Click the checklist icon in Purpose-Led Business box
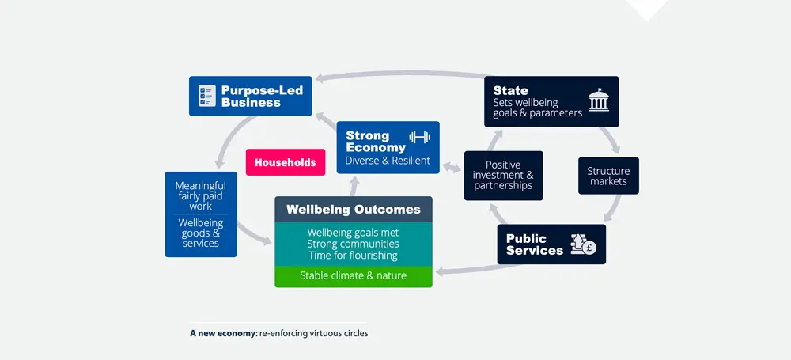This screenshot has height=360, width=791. pos(206,96)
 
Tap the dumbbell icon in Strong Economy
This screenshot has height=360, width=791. pos(418,137)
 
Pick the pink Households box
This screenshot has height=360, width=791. pos(285,163)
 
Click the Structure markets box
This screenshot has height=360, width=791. pos(607,176)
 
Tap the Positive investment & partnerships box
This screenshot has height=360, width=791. pos(503,176)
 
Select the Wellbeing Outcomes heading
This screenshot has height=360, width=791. pos(354,210)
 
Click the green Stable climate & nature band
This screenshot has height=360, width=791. pos(353,276)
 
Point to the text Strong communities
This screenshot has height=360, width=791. pos(353,244)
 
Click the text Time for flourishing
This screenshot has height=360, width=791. pos(353,256)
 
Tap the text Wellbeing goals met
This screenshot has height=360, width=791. pos(353,233)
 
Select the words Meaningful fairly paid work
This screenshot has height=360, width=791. pos(200,196)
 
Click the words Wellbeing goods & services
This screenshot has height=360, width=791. pos(200,233)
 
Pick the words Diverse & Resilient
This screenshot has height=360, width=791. pos(388,161)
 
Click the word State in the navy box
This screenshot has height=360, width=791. pos(510,91)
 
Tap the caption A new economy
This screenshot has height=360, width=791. pos(223,333)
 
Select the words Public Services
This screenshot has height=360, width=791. pos(535,244)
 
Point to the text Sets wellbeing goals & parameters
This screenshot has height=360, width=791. pos(537,108)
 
